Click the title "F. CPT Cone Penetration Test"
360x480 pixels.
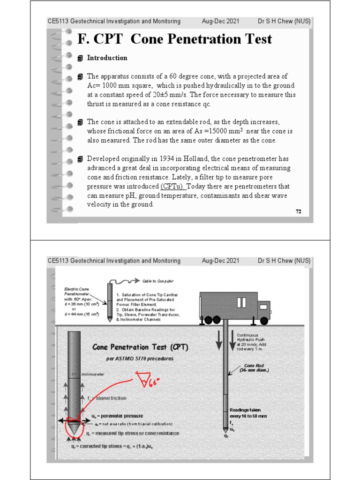(x=174, y=39)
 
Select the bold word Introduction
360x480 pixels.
(x=107, y=58)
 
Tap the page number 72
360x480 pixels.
(x=298, y=211)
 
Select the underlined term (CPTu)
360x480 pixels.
(x=173, y=186)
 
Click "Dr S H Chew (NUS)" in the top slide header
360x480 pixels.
(x=284, y=21)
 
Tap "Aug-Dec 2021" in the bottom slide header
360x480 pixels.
(x=220, y=261)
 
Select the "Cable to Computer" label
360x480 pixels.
(x=157, y=281)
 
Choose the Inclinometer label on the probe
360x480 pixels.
(x=93, y=375)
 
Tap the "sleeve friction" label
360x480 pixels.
(x=111, y=398)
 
